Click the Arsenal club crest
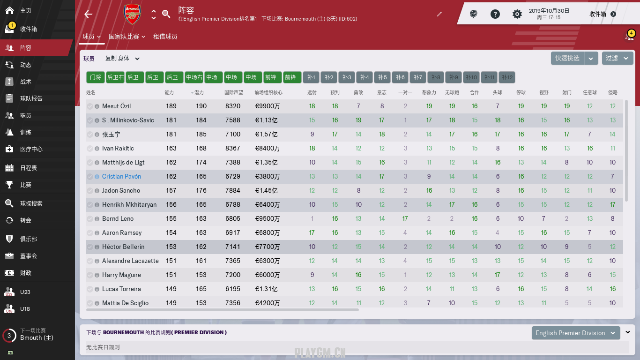click(x=132, y=14)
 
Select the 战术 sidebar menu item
click(x=26, y=82)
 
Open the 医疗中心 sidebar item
click(x=31, y=149)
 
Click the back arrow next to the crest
click(x=89, y=14)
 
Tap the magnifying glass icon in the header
click(x=166, y=14)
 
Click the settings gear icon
click(x=517, y=14)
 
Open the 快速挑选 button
click(x=567, y=58)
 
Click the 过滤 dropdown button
click(x=618, y=58)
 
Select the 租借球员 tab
click(x=165, y=37)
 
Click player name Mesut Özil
click(x=117, y=106)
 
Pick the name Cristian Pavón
click(x=121, y=177)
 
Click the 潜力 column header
click(x=199, y=93)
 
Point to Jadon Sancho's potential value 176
click(x=201, y=191)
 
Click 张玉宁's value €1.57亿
click(x=267, y=135)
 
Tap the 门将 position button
click(x=96, y=77)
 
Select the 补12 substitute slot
click(x=507, y=77)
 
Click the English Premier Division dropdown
click(x=576, y=333)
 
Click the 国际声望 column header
click(x=233, y=93)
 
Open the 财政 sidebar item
click(x=26, y=273)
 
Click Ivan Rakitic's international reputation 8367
click(x=232, y=149)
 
